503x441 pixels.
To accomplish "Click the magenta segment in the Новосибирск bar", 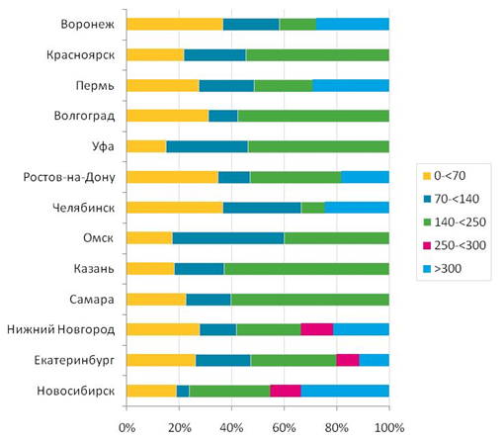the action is pos(286,391).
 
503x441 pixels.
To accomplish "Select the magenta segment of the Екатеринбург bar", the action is pos(348,360).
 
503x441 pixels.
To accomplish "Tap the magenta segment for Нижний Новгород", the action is pos(317,329).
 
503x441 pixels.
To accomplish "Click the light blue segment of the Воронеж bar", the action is pos(353,24).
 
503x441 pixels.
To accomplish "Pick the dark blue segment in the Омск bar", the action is pos(228,238).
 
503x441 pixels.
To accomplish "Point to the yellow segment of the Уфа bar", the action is pos(146,146).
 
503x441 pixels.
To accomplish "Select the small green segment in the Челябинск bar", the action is pos(313,208).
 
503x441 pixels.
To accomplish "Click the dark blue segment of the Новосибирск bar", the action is pos(183,391).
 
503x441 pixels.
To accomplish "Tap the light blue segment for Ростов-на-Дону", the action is pos(366,177).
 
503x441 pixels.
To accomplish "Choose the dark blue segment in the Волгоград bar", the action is pos(223,116).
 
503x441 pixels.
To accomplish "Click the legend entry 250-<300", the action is pos(455,245).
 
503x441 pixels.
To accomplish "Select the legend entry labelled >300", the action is pos(442,269).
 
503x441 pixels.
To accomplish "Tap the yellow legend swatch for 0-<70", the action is pos(427,176).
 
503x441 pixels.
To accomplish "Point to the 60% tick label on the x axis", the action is pos(284,428).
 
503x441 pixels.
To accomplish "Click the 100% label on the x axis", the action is pos(389,428).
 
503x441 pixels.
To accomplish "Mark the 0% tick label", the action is pos(126,428).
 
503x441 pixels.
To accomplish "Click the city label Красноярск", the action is pos(81,54).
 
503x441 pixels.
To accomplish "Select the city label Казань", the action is pos(94,269).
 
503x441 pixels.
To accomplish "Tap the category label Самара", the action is pos(92,300).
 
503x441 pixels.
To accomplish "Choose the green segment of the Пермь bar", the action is pos(284,85).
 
